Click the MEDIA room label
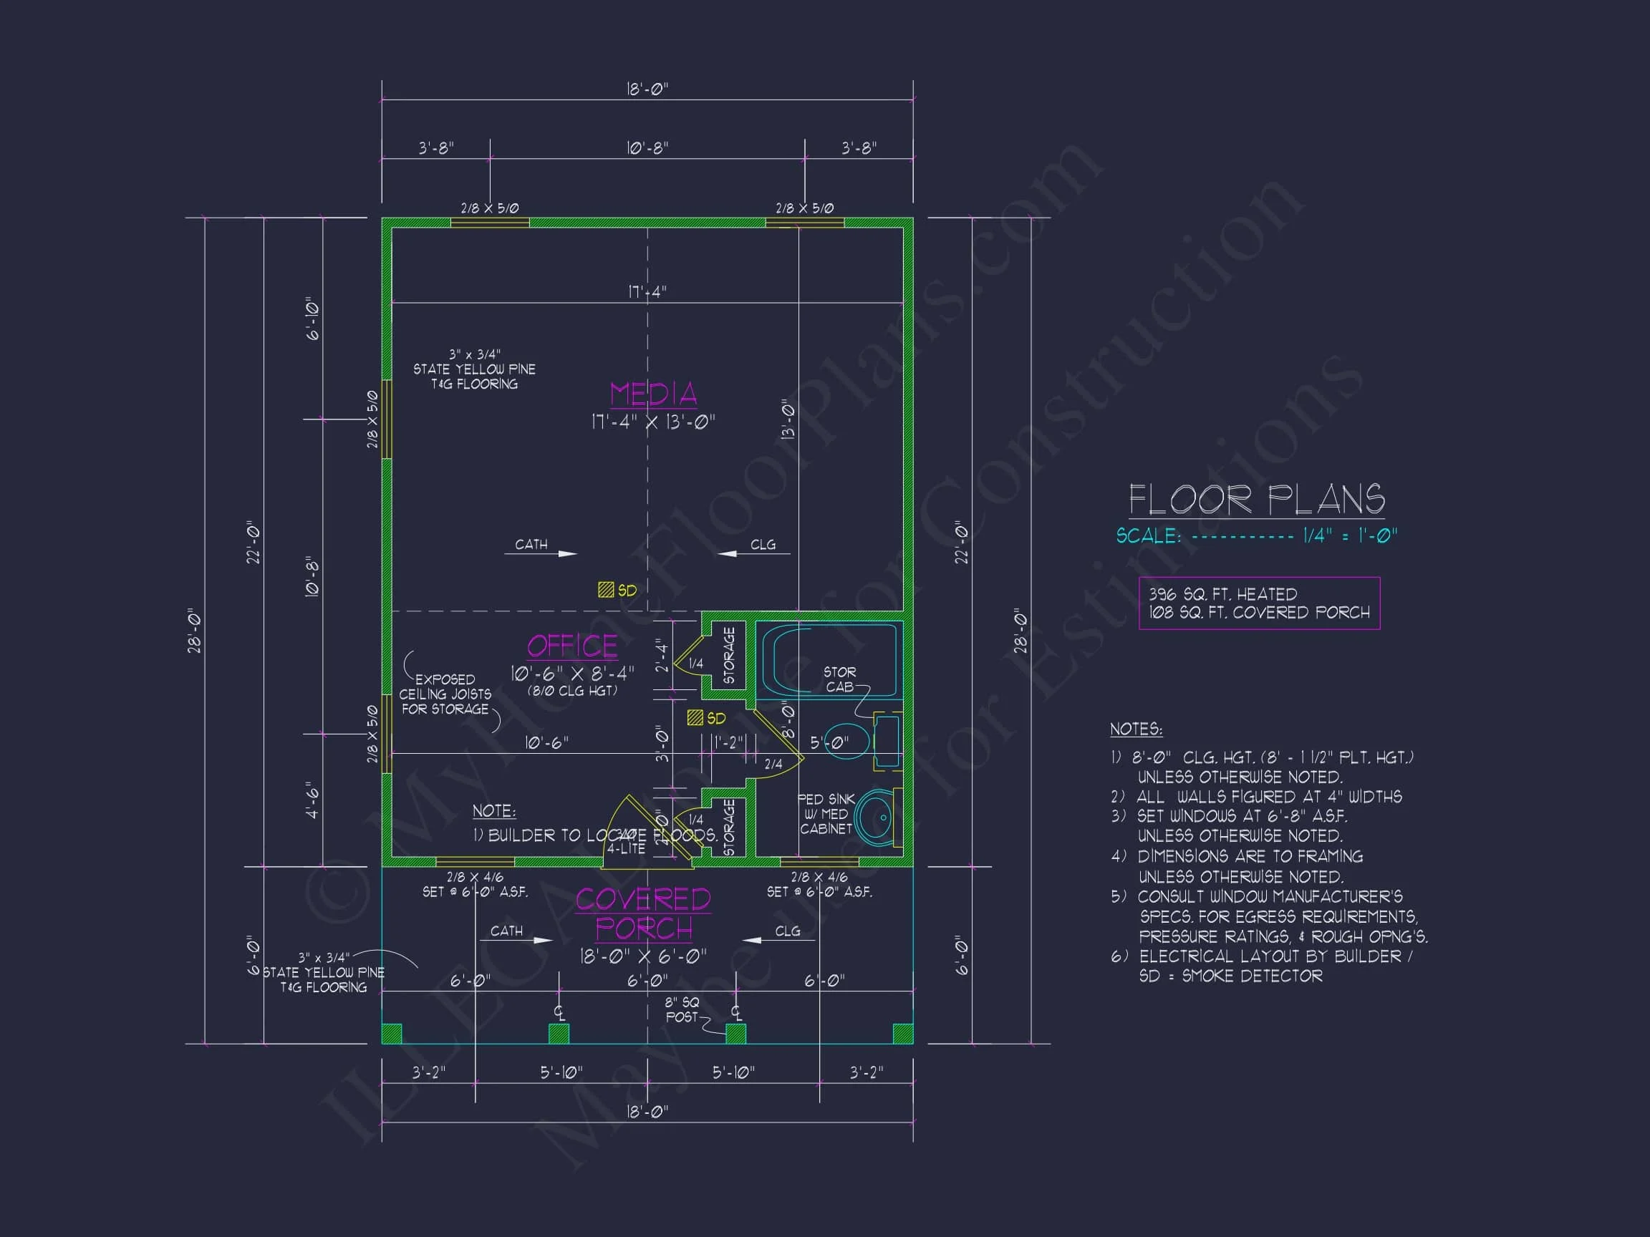point(652,394)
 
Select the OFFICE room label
point(572,646)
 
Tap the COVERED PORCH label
point(643,914)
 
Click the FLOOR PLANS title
point(1256,500)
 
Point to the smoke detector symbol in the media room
point(606,590)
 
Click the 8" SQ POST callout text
point(682,1009)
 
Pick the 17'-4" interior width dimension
point(647,292)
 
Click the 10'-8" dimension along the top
point(647,148)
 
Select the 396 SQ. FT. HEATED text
point(1222,594)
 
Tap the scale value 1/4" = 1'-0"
point(1349,535)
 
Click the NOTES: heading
point(1135,729)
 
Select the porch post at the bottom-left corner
point(392,1034)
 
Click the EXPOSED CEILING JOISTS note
point(445,694)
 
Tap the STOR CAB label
point(839,679)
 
